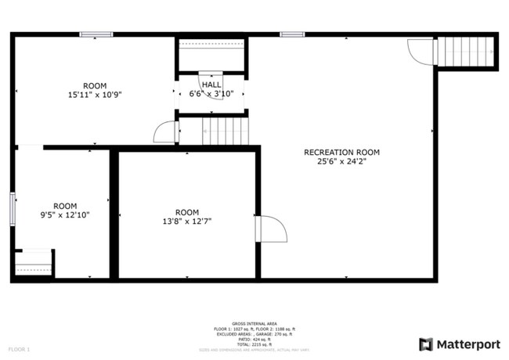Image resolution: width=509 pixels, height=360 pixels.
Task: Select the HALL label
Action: (211, 84)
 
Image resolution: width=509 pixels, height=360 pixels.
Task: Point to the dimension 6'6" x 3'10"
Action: (211, 94)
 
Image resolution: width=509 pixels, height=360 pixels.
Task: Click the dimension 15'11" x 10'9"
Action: (95, 95)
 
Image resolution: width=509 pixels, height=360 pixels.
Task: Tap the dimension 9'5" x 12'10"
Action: (65, 214)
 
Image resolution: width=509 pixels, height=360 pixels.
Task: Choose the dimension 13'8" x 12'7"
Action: (187, 221)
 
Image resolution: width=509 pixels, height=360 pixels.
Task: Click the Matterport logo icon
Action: (426, 344)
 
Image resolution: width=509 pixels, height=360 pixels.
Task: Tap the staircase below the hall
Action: (226, 130)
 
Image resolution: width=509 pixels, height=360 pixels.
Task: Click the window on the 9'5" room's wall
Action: (13, 210)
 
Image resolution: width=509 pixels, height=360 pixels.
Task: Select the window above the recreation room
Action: (291, 34)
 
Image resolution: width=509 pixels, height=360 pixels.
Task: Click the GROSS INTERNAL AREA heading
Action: (254, 322)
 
